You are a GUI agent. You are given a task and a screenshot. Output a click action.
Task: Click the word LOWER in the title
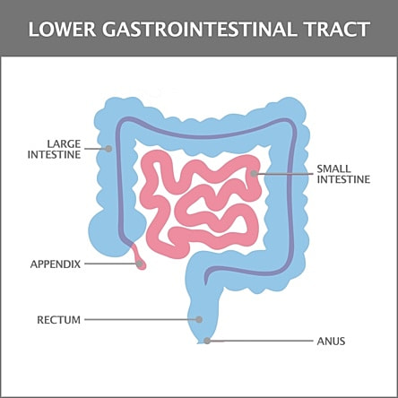point(62,30)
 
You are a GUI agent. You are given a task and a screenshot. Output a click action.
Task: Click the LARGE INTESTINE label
point(55,149)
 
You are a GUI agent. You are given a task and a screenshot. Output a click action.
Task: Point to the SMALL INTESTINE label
point(343,174)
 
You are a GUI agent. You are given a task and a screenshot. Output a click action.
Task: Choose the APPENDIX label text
point(56,264)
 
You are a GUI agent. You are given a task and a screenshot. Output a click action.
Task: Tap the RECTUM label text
point(59,320)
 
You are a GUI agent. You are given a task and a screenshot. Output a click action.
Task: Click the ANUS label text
point(331,341)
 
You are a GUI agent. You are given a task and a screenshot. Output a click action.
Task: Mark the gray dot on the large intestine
point(108,149)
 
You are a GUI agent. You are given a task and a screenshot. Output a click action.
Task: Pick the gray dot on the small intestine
point(254,174)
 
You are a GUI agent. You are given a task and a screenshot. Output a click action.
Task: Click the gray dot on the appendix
point(139,264)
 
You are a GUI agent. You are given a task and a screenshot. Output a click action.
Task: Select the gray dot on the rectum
point(199,319)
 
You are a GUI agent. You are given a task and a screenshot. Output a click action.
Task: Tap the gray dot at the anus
point(207,341)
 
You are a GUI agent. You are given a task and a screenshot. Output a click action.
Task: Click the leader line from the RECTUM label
point(141,319)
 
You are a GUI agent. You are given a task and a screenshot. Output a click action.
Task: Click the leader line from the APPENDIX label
point(110,264)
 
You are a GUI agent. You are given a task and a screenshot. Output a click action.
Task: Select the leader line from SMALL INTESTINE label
point(285,174)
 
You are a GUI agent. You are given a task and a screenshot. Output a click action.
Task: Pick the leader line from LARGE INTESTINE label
point(95,149)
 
